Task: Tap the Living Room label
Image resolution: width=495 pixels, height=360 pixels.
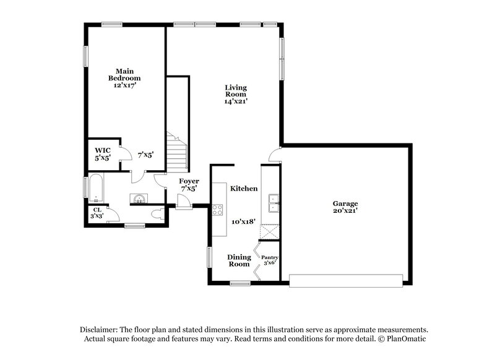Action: pyautogui.click(x=236, y=95)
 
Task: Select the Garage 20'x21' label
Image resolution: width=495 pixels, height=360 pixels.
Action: pyautogui.click(x=345, y=207)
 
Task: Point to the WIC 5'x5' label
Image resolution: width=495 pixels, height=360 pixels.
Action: pyautogui.click(x=103, y=154)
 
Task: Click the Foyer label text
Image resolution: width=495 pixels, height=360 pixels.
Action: pyautogui.click(x=189, y=181)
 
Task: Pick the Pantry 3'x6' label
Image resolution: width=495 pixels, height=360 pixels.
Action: pyautogui.click(x=270, y=260)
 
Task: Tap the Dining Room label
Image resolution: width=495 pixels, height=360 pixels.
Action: pyautogui.click(x=239, y=260)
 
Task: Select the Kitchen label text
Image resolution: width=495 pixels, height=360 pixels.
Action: pyautogui.click(x=244, y=188)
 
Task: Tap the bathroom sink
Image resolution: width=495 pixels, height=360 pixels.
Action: pyautogui.click(x=139, y=199)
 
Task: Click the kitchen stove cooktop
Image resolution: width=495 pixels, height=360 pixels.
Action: pyautogui.click(x=217, y=209)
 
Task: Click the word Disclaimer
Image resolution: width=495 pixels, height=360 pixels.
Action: pyautogui.click(x=100, y=330)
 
